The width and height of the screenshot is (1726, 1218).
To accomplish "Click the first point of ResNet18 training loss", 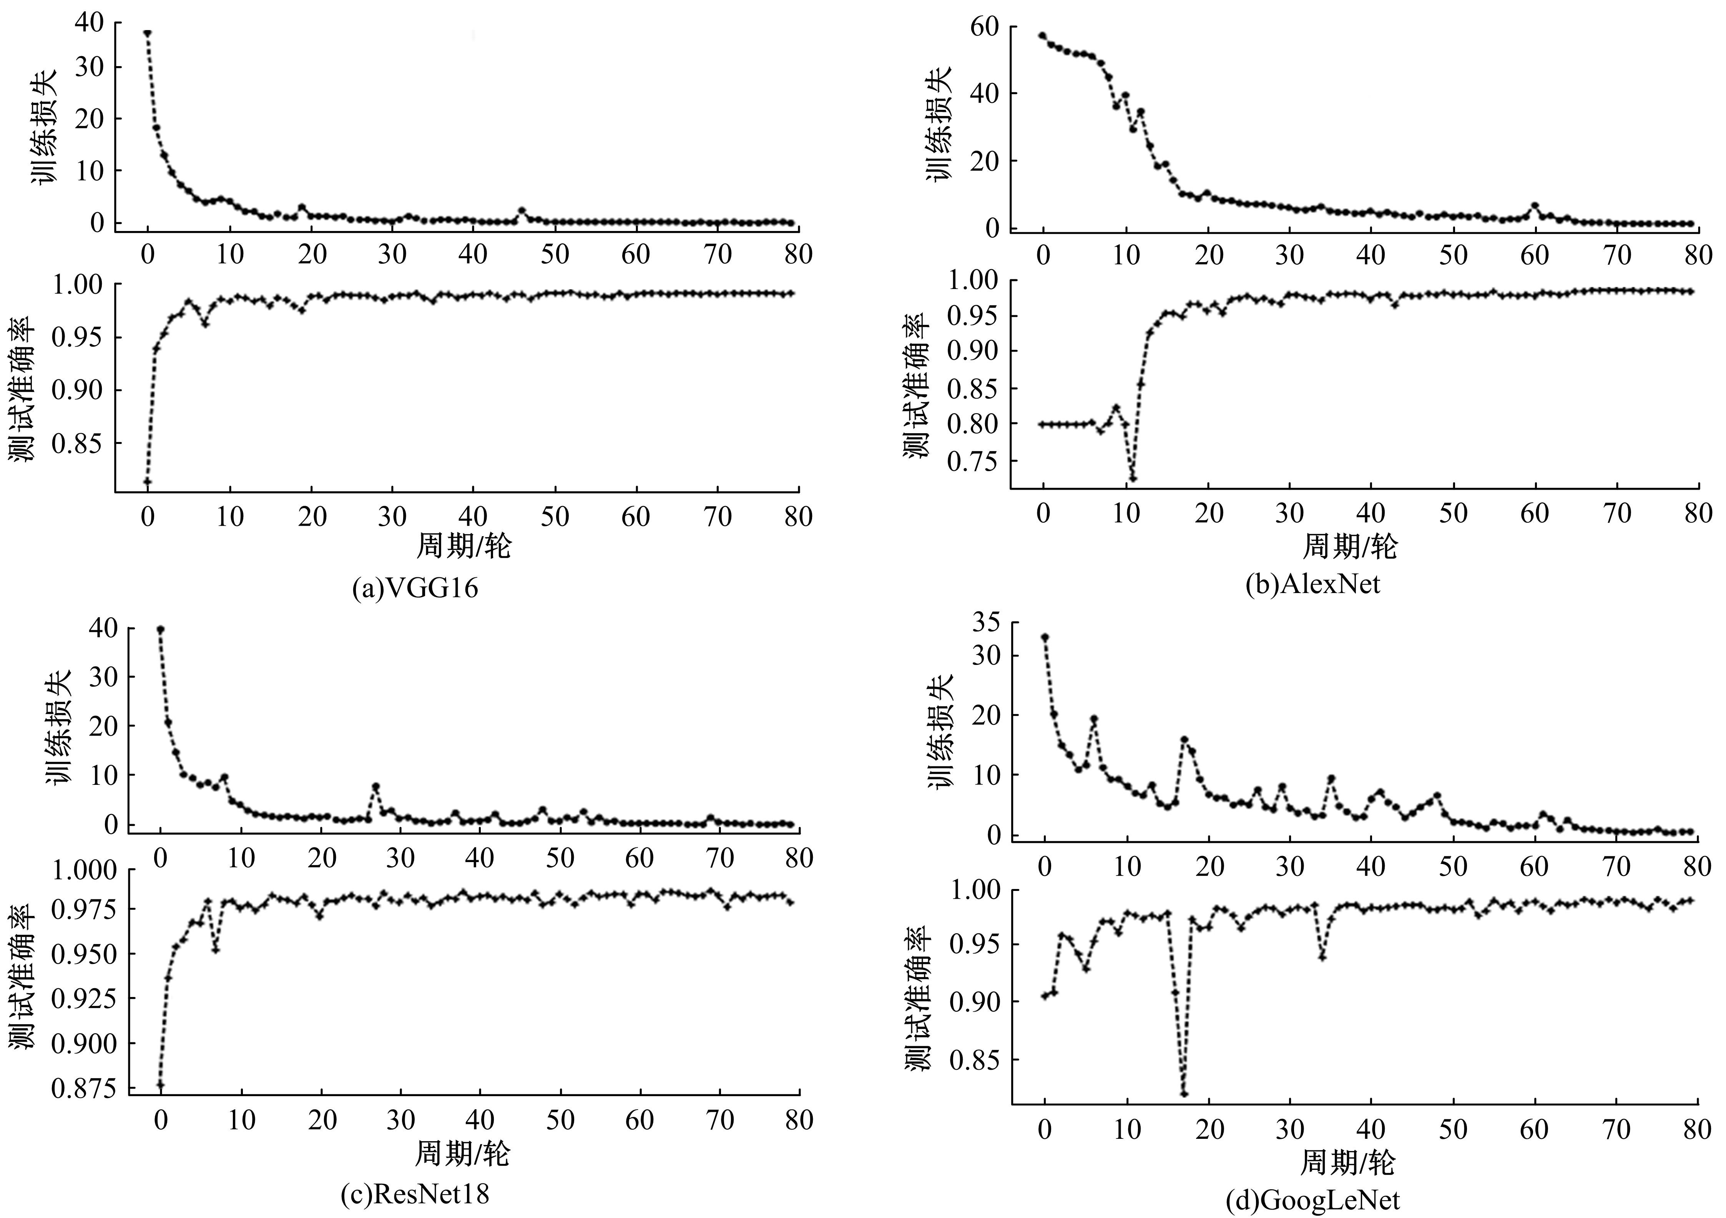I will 160,629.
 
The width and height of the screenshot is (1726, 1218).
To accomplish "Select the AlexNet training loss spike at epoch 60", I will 1534,205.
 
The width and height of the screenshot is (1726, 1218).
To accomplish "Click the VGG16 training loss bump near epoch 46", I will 522,211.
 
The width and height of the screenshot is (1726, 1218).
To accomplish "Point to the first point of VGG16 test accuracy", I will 148,481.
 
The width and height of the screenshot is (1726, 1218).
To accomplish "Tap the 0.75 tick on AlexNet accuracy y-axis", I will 973,460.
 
